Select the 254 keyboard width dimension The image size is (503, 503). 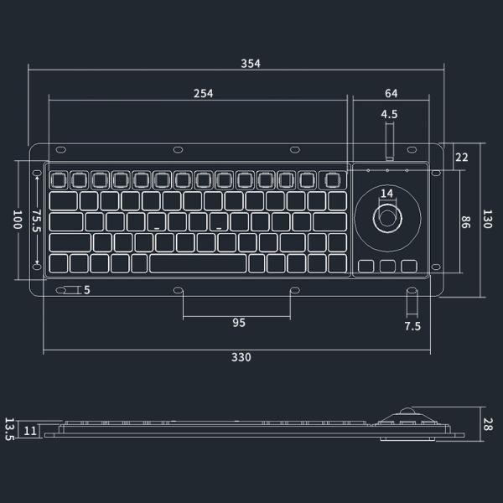pos(202,93)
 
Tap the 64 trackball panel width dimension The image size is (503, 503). pos(392,93)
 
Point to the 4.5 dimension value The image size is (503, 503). pos(389,114)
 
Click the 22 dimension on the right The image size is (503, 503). pos(461,157)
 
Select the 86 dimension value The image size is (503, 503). pos(466,221)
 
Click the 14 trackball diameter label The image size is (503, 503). pos(386,194)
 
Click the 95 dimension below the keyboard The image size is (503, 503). pos(239,323)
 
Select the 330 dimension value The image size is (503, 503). pos(241,357)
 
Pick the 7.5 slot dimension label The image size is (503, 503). pos(412,325)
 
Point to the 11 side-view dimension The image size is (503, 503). pos(30,431)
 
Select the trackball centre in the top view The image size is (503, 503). pos(386,218)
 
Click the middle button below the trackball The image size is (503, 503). pos(386,267)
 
